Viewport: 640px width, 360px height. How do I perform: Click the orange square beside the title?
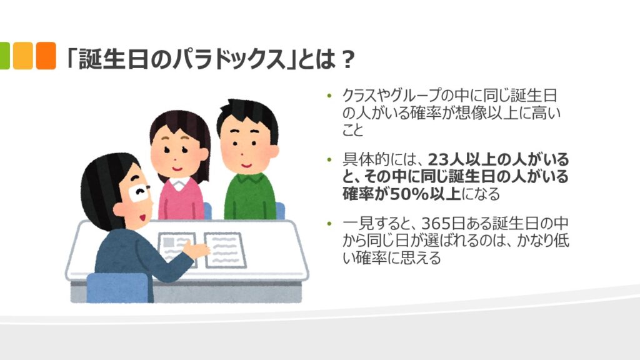46,56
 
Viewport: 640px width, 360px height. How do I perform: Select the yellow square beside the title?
23,56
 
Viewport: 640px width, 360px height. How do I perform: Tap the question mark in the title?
347,59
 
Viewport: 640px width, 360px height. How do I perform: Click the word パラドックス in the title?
229,59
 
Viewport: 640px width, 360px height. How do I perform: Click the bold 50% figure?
409,194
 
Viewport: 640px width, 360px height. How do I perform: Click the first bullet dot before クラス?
329,96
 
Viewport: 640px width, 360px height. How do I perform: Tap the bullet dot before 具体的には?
329,159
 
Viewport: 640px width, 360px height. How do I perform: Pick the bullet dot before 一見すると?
329,224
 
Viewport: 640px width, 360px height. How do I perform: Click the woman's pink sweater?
181,201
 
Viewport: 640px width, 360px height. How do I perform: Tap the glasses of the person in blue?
139,191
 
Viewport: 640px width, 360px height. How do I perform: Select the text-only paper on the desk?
225,250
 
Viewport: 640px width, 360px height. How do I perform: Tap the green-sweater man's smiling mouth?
246,166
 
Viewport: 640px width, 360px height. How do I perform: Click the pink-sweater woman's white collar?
179,183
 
